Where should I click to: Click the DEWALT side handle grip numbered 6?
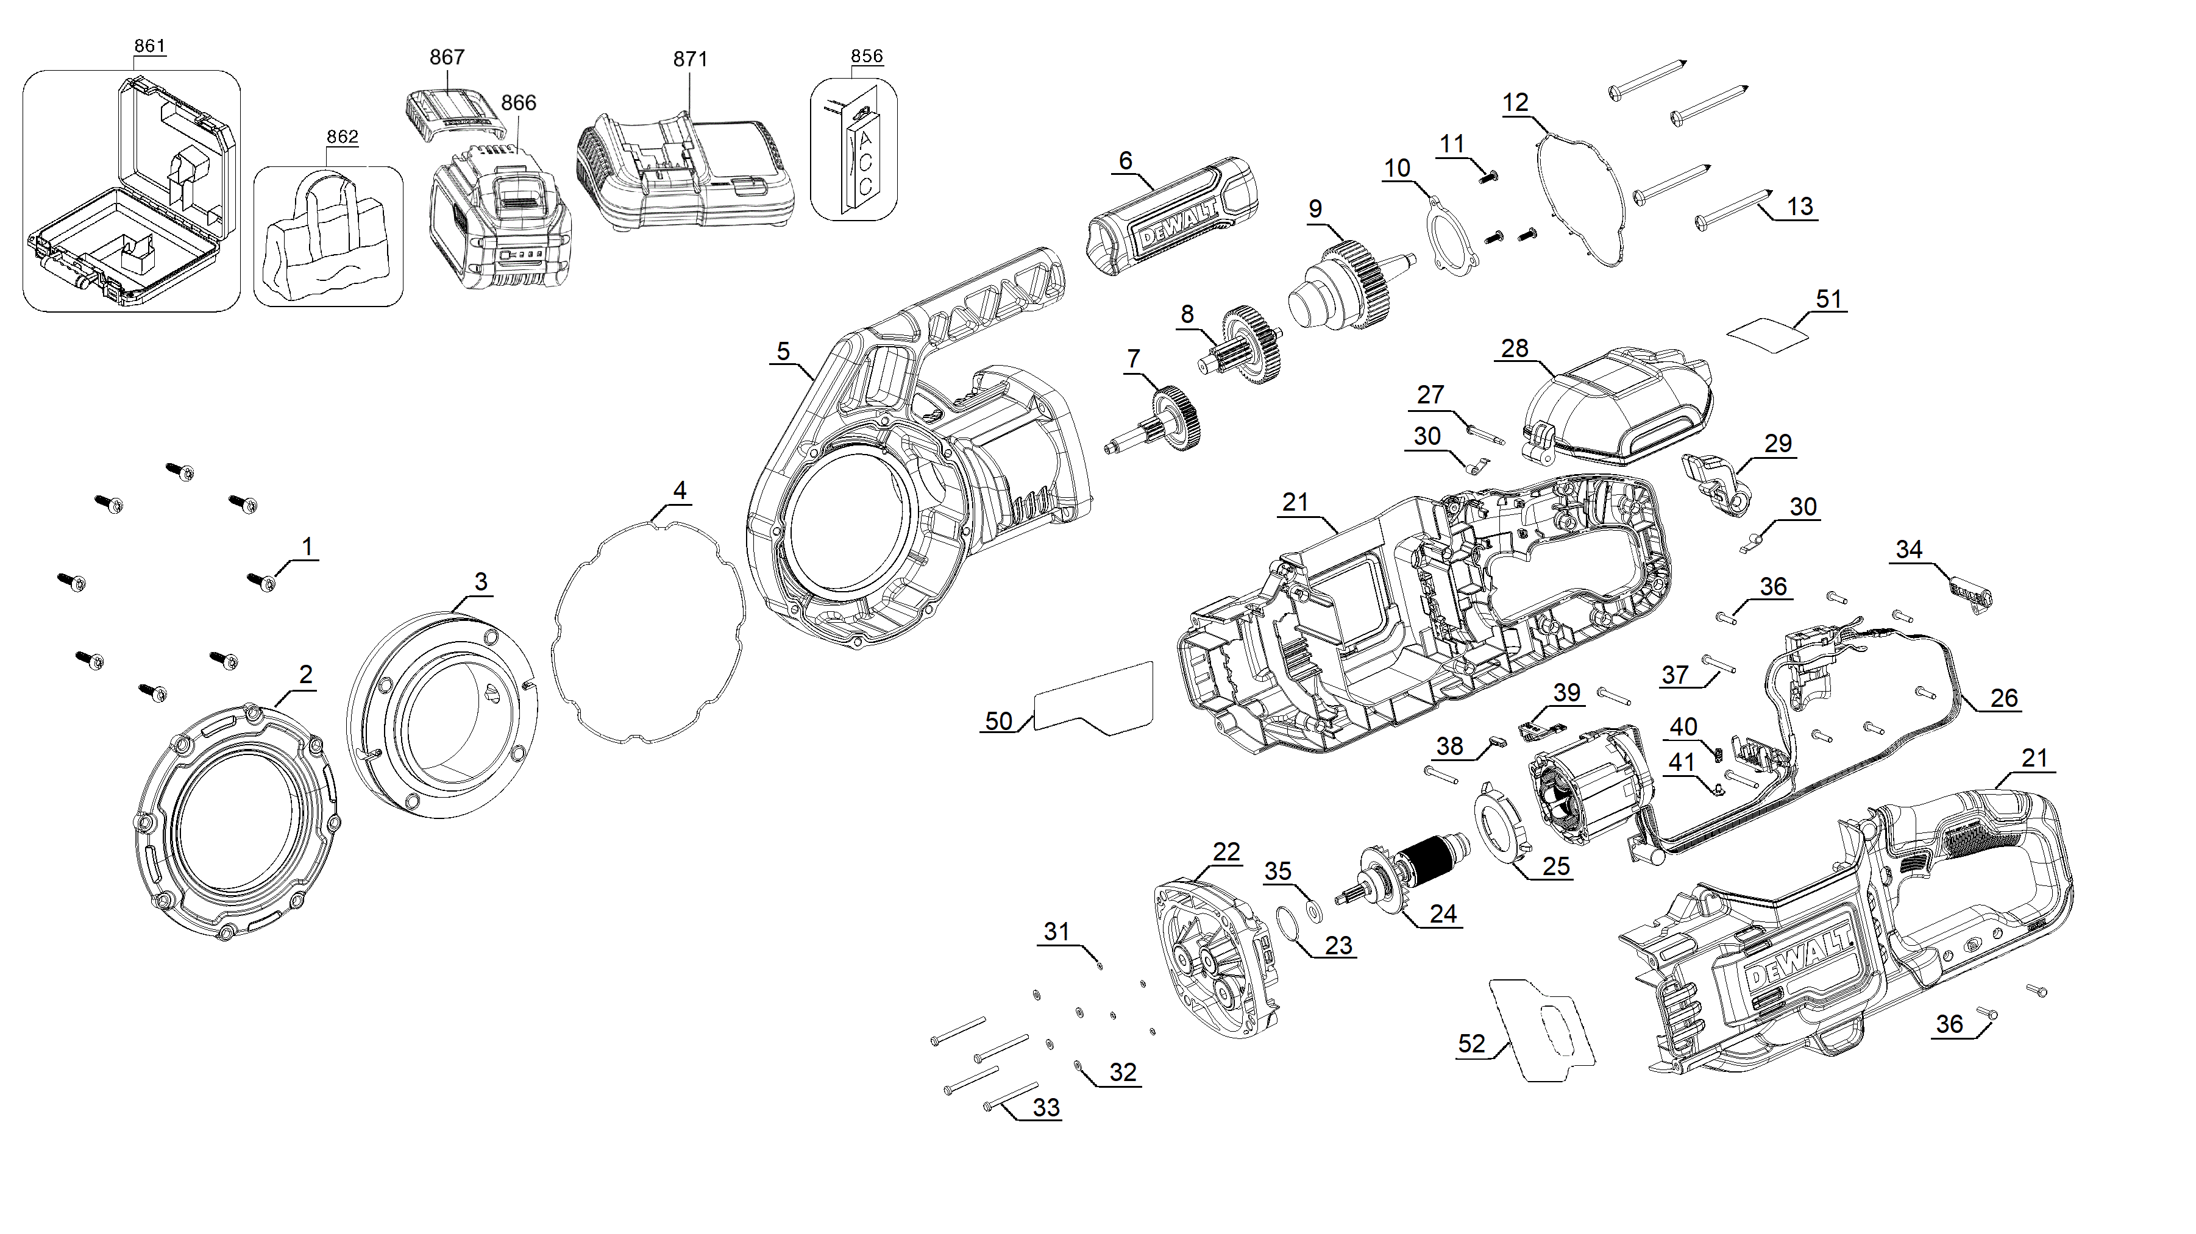(1172, 218)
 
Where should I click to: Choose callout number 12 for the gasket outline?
(1515, 103)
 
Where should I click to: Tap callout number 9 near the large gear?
(1315, 209)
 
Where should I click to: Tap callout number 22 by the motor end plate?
(1226, 851)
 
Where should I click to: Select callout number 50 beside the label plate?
(998, 721)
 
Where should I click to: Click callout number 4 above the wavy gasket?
(680, 490)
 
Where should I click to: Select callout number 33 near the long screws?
(1046, 1107)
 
